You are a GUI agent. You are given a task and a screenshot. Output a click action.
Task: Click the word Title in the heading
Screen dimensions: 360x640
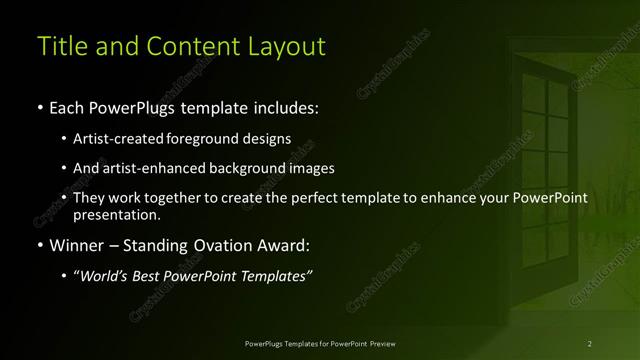59,46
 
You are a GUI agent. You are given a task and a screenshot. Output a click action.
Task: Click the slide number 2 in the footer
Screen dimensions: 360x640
590,343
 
